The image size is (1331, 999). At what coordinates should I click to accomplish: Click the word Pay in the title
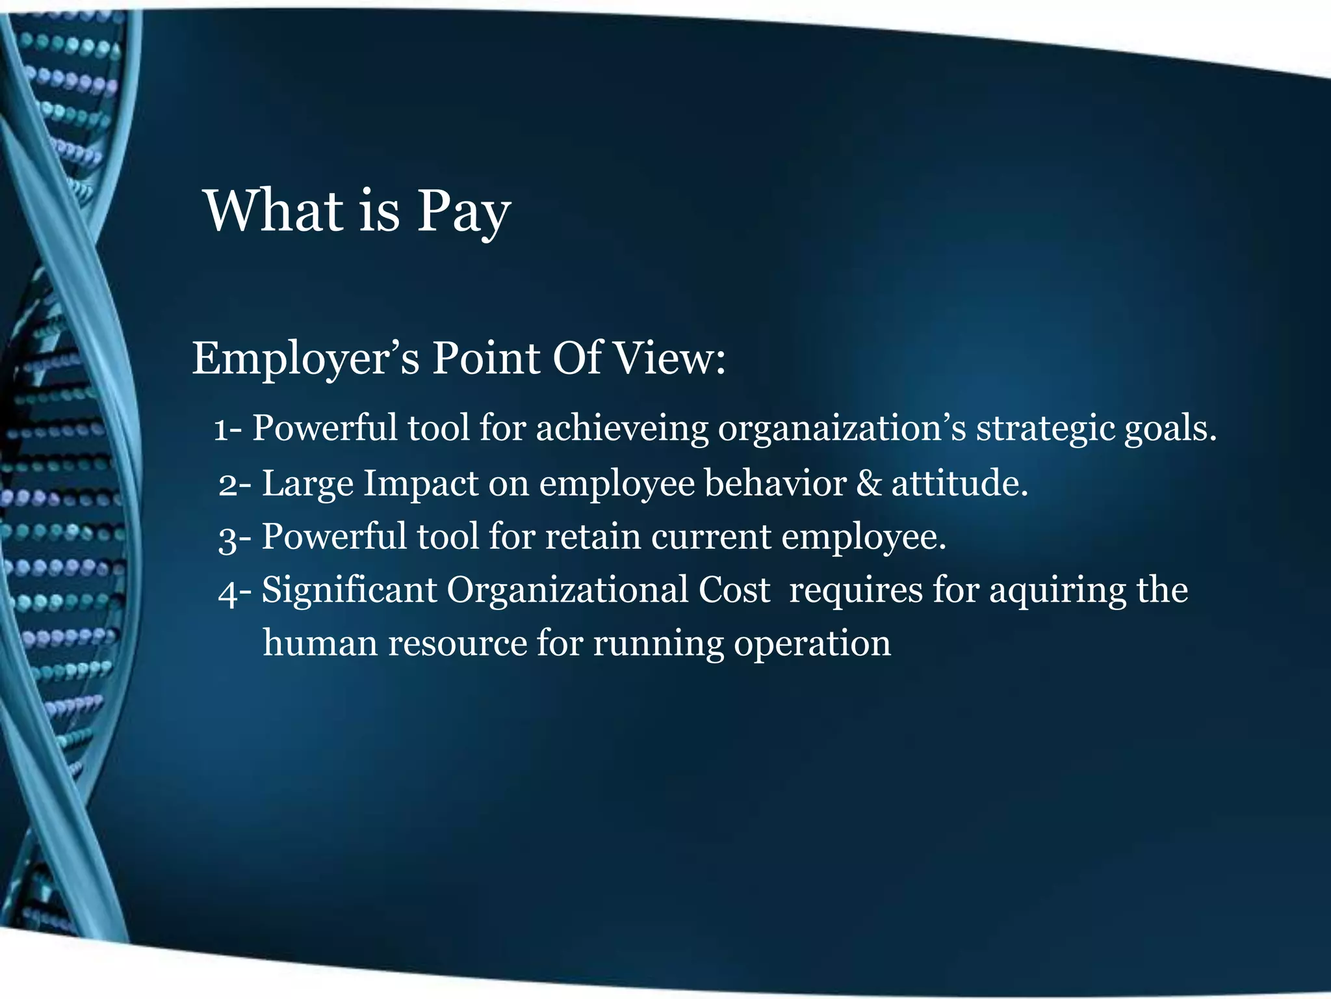click(x=463, y=212)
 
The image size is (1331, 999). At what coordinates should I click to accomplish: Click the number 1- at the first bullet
click(x=228, y=430)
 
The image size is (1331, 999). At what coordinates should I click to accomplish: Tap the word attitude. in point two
click(x=959, y=484)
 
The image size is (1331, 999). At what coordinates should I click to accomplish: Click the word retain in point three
click(x=592, y=537)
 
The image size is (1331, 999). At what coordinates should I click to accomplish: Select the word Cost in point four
click(x=734, y=590)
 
